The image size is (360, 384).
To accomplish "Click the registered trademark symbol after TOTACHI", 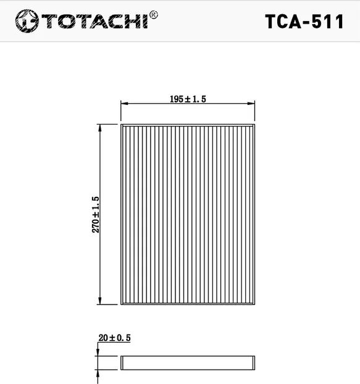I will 154,14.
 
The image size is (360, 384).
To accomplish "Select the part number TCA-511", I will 304,22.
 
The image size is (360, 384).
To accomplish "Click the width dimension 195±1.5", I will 187,99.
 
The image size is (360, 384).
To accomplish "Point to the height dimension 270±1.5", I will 96,214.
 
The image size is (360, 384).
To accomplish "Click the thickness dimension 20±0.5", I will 115,338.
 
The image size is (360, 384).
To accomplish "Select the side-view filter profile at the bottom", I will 188,363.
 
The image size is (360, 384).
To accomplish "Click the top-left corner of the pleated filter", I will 121,124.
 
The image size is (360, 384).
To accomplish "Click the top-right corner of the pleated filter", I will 254,124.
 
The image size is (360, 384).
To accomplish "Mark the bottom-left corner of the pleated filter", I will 121,304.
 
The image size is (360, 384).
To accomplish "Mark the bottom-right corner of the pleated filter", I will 254,304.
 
